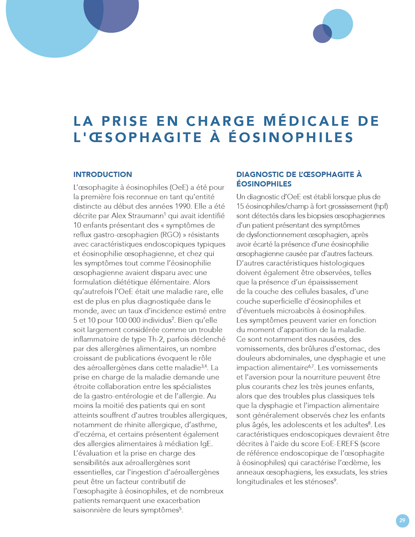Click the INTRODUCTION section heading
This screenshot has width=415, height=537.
click(103, 175)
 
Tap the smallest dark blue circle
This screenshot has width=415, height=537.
click(322, 34)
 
